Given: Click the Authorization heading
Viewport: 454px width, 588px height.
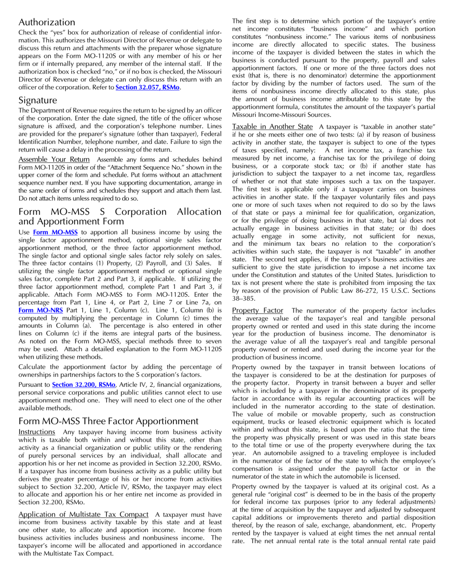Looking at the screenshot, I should pyautogui.click(x=47, y=22).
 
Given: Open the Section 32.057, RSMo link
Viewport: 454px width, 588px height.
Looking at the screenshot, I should pyautogui.click(x=148, y=87).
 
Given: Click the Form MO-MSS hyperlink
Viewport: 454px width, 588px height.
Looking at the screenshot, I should pyautogui.click(x=55, y=232).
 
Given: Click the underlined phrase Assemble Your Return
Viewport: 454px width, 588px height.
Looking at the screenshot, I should pyautogui.click(x=54, y=159).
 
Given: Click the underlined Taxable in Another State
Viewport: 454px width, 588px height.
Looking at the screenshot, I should pyautogui.click(x=272, y=127).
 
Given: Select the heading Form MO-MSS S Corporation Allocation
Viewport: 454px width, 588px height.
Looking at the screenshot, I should pyautogui.click(x=120, y=212).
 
